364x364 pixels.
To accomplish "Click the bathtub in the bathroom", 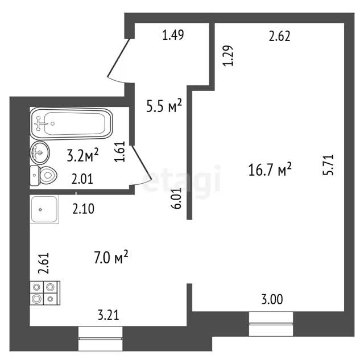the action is coord(71,124).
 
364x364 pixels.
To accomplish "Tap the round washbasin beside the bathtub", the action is coord(40,153).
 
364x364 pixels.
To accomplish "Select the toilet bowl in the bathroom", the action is coord(43,176).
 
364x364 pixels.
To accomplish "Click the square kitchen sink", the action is coord(44,209).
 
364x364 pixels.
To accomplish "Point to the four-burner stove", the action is coord(45,293).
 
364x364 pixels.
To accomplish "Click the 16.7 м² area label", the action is coord(270,169).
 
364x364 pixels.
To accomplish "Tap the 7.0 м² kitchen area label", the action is coord(111,257).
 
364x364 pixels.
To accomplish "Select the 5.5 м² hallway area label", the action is coord(164,105).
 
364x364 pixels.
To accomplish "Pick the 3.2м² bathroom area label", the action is coord(83,155).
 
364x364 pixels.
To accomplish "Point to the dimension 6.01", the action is coord(176,198).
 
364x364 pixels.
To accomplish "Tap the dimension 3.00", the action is coord(272,300).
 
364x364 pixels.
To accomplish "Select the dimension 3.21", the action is coord(109,315).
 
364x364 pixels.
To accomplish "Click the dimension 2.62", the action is coord(279,36).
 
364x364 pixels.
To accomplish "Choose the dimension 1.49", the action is coord(173,35).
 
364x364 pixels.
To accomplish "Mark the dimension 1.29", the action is coord(228,56).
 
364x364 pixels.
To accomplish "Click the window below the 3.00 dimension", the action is coord(271,324).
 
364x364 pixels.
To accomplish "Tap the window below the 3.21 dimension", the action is coord(100,339).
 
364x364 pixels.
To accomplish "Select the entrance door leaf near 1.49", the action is coord(118,58).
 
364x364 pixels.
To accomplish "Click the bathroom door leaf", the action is coord(142,162).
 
